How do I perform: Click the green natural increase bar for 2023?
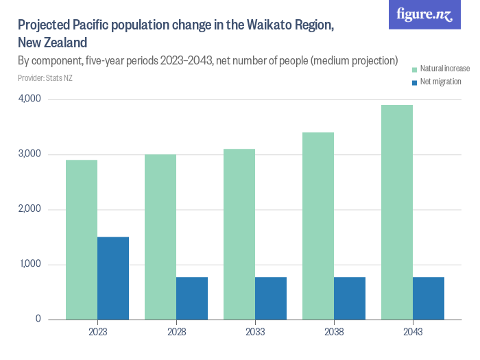(x=82, y=239)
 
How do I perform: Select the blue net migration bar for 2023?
(x=113, y=278)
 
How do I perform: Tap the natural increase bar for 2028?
(x=160, y=237)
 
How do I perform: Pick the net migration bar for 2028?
(x=192, y=298)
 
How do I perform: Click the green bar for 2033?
(x=239, y=234)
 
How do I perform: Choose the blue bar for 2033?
(x=271, y=298)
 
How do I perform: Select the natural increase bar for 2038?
(x=318, y=226)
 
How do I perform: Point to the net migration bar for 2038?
(x=350, y=298)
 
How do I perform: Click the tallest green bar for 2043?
(x=397, y=212)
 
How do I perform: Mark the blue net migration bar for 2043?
(x=429, y=298)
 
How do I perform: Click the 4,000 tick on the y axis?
(x=29, y=99)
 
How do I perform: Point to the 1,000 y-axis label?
(x=29, y=264)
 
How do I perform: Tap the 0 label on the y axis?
(x=38, y=319)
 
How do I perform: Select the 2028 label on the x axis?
(x=176, y=332)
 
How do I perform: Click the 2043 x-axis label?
(x=413, y=332)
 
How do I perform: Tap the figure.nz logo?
(x=424, y=14)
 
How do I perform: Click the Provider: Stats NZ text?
(x=45, y=78)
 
